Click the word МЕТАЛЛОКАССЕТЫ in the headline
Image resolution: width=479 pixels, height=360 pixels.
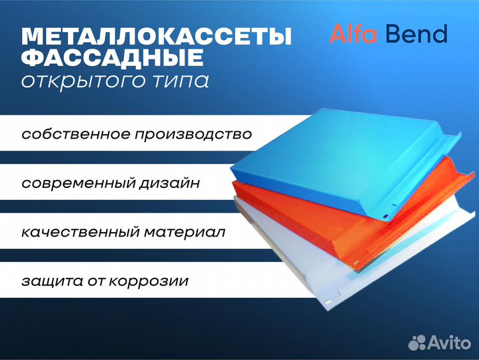[157, 37]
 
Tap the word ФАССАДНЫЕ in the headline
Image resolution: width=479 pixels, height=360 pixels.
[113, 57]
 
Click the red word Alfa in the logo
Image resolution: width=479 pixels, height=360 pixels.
[354, 33]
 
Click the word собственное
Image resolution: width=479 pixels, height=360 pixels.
[76, 135]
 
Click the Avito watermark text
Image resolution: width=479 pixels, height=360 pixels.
[450, 342]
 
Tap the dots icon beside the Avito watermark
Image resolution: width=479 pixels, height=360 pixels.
[417, 343]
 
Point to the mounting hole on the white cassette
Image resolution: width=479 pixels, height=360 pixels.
[328, 301]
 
